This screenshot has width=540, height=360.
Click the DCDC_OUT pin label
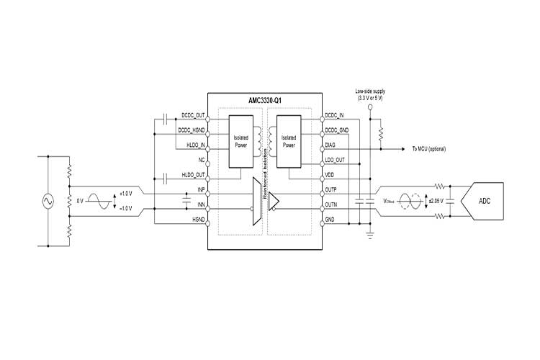point(194,114)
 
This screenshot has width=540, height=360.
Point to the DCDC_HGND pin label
point(192,130)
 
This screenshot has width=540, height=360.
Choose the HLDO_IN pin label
point(195,145)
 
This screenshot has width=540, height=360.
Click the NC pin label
point(202,160)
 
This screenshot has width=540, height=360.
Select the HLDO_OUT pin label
point(194,175)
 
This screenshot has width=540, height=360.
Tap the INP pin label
point(201,190)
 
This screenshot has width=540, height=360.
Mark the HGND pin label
point(199,220)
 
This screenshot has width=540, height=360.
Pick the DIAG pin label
point(331,145)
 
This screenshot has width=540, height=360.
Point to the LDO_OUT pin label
point(336,160)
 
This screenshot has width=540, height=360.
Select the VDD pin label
point(330,175)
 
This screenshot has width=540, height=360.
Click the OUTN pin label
point(332,205)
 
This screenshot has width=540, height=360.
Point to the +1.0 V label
point(127,194)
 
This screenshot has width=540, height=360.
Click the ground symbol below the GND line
point(370,232)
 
